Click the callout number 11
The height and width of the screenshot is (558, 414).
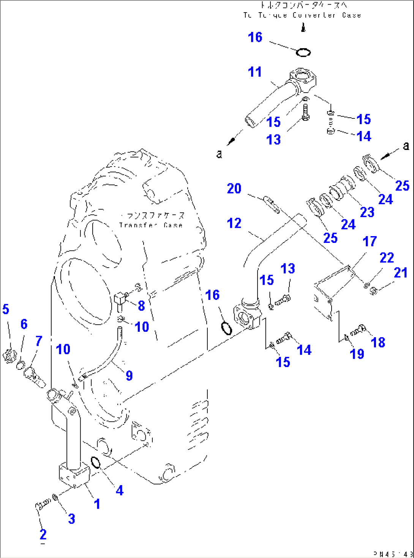tap(255, 72)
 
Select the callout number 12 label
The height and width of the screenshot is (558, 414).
tap(234, 223)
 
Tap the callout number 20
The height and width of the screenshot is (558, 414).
tap(234, 189)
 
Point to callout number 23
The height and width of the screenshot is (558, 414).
tap(367, 212)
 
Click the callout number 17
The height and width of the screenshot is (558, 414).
tap(370, 241)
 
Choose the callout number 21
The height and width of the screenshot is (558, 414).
tap(400, 273)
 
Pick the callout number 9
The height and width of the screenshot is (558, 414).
tap(129, 375)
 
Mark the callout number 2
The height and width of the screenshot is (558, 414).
tap(43, 534)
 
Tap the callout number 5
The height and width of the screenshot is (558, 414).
tap(5, 309)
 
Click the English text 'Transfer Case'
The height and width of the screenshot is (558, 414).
tap(151, 225)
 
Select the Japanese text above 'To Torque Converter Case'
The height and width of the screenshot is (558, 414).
tap(303, 5)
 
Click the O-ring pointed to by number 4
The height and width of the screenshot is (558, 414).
tap(96, 463)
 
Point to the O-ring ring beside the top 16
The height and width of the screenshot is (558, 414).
tap(303, 52)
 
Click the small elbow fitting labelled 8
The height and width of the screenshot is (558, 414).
tap(120, 298)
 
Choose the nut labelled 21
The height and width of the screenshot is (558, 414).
tap(373, 291)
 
